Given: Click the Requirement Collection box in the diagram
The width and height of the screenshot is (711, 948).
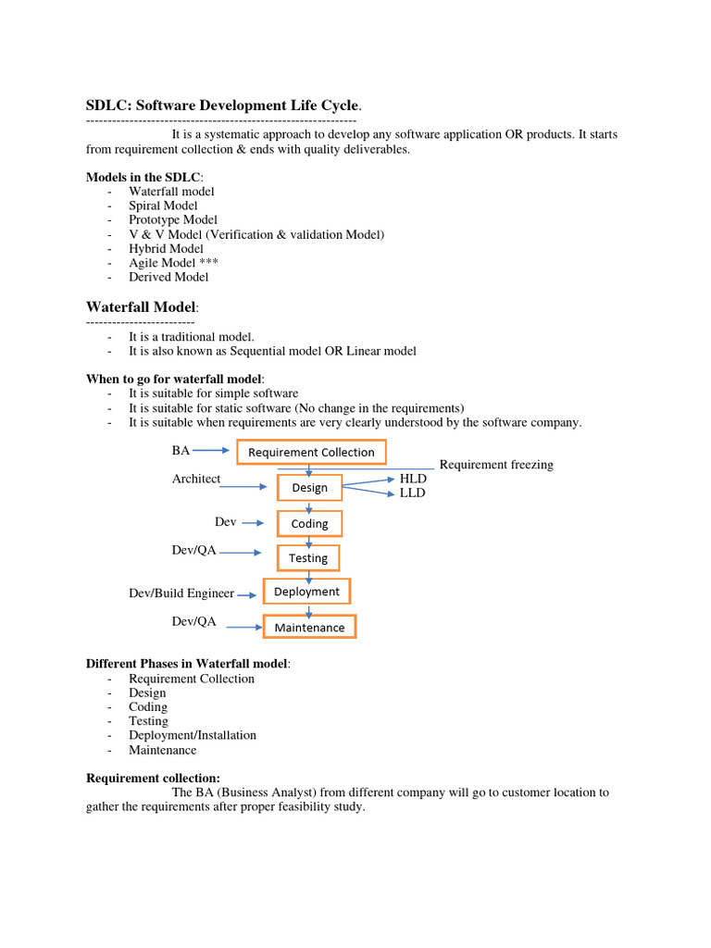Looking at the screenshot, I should (311, 452).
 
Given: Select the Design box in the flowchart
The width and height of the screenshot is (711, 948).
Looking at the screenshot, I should (309, 487).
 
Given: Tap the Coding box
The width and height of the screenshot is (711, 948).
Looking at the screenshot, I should (309, 523).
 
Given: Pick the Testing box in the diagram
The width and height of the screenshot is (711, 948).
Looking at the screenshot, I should (308, 557).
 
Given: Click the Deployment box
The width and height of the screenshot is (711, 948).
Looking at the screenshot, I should (307, 592).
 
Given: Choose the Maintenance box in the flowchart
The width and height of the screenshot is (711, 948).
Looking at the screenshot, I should (309, 627).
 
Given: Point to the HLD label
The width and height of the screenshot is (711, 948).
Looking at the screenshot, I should (412, 479).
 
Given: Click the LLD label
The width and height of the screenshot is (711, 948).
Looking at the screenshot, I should (412, 493).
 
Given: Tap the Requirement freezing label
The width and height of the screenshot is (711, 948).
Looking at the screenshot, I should (495, 465).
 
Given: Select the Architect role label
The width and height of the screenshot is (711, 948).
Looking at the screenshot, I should (196, 479).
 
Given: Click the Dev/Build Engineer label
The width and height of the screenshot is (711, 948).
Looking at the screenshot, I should (181, 592).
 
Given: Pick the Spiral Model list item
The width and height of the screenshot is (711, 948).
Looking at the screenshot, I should (163, 206).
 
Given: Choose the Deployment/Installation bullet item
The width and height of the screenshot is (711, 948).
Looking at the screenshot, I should (193, 735).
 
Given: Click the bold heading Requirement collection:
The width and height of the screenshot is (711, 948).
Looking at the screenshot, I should (153, 778).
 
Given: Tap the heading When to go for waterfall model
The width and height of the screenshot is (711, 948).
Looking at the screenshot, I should (175, 379).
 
